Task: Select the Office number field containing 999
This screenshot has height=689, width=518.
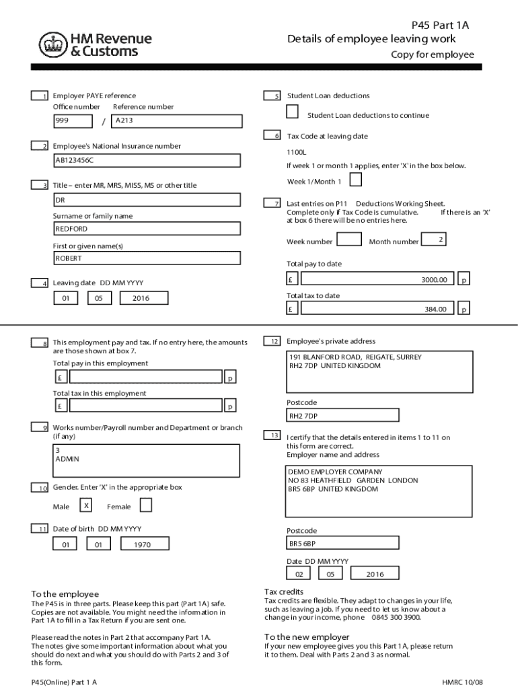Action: click(73, 121)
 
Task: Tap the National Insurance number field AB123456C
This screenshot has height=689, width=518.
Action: click(147, 161)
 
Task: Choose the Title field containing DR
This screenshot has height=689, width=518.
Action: click(147, 200)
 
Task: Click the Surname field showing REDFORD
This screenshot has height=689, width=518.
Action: click(147, 229)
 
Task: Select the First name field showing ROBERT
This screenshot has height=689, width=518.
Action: click(147, 258)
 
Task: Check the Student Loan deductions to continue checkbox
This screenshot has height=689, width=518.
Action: click(293, 112)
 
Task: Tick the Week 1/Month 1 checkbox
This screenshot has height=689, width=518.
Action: click(356, 180)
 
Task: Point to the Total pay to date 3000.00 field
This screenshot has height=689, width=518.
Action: click(377, 279)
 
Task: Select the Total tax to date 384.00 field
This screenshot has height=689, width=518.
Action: click(377, 309)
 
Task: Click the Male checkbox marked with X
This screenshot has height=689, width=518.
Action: click(86, 505)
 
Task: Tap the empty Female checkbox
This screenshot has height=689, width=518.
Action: click(146, 505)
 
